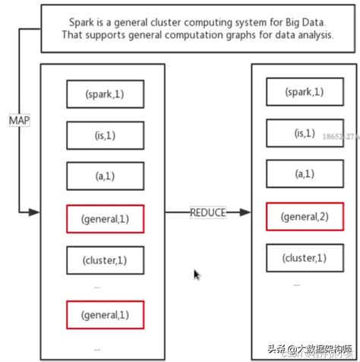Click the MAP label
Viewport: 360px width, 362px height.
18,121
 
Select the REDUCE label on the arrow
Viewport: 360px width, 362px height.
207,213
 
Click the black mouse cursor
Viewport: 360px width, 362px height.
197,275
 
